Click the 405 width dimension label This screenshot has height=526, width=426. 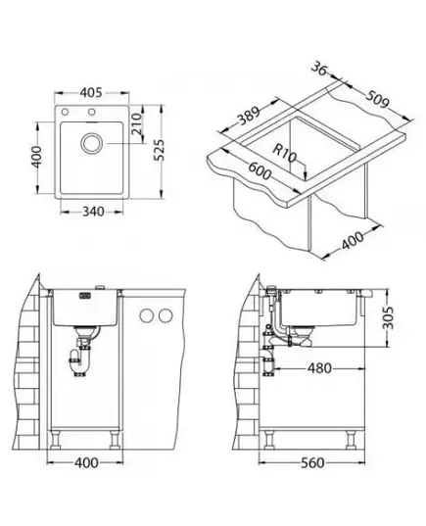tap(91, 92)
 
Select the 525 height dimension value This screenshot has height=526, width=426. tap(160, 150)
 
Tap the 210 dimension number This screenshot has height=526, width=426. tap(136, 123)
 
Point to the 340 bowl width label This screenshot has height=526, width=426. tap(93, 212)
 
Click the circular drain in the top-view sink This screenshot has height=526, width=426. tap(91, 143)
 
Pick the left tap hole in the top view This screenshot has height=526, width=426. tap(65, 112)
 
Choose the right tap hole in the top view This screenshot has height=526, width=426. tap(91, 112)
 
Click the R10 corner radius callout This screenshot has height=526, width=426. tap(284, 153)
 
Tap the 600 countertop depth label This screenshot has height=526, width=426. tap(259, 170)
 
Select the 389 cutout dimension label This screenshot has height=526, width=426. tap(249, 115)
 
